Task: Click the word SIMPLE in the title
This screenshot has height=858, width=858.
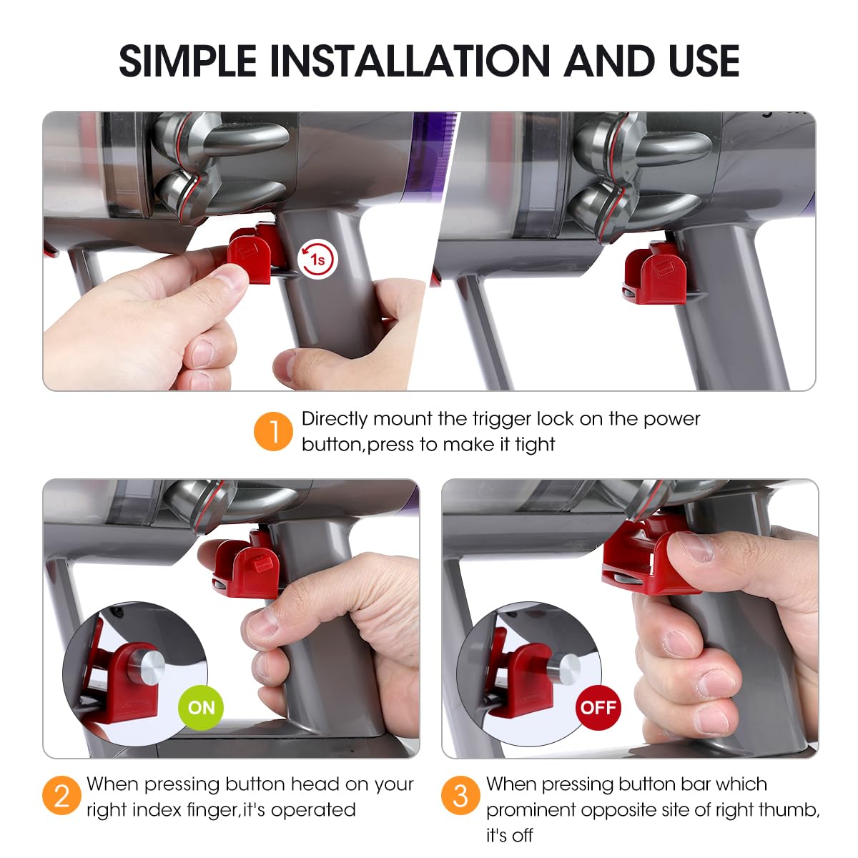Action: [x=187, y=61]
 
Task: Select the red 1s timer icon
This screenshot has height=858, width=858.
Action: [x=317, y=259]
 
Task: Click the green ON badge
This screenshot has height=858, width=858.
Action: [x=201, y=708]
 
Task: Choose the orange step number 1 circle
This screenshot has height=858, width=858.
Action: [x=273, y=431]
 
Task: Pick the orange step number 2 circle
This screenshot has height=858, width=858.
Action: [x=62, y=795]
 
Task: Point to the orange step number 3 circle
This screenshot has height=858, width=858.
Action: [x=461, y=795]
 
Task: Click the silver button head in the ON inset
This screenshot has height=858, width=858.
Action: [x=147, y=668]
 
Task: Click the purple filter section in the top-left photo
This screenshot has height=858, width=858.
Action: [x=430, y=154]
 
